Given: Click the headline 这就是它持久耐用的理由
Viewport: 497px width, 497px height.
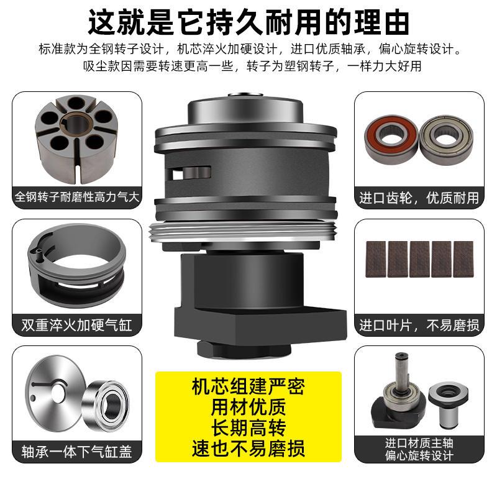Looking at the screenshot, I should pyautogui.click(x=248, y=22).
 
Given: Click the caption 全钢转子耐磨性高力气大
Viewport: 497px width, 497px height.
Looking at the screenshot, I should pyautogui.click(x=77, y=198).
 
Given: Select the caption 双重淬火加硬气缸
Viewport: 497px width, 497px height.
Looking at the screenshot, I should pyautogui.click(x=77, y=325).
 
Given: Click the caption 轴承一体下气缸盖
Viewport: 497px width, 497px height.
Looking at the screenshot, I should pyautogui.click(x=77, y=450).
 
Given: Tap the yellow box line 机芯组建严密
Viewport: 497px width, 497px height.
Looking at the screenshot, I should pyautogui.click(x=248, y=387).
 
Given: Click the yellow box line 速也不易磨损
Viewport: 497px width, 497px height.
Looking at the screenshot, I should pyautogui.click(x=248, y=449).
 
